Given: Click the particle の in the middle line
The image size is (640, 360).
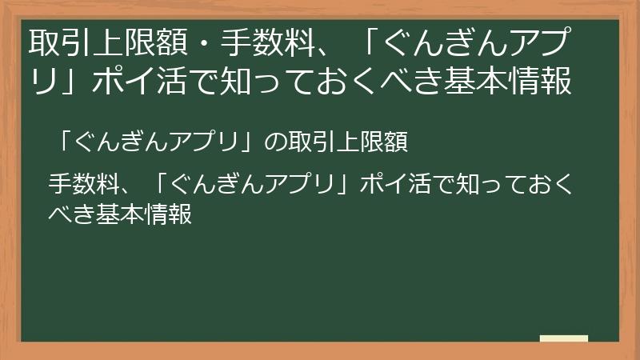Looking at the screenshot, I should (x=273, y=142).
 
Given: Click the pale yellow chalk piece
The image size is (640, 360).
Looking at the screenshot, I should (x=563, y=339).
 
